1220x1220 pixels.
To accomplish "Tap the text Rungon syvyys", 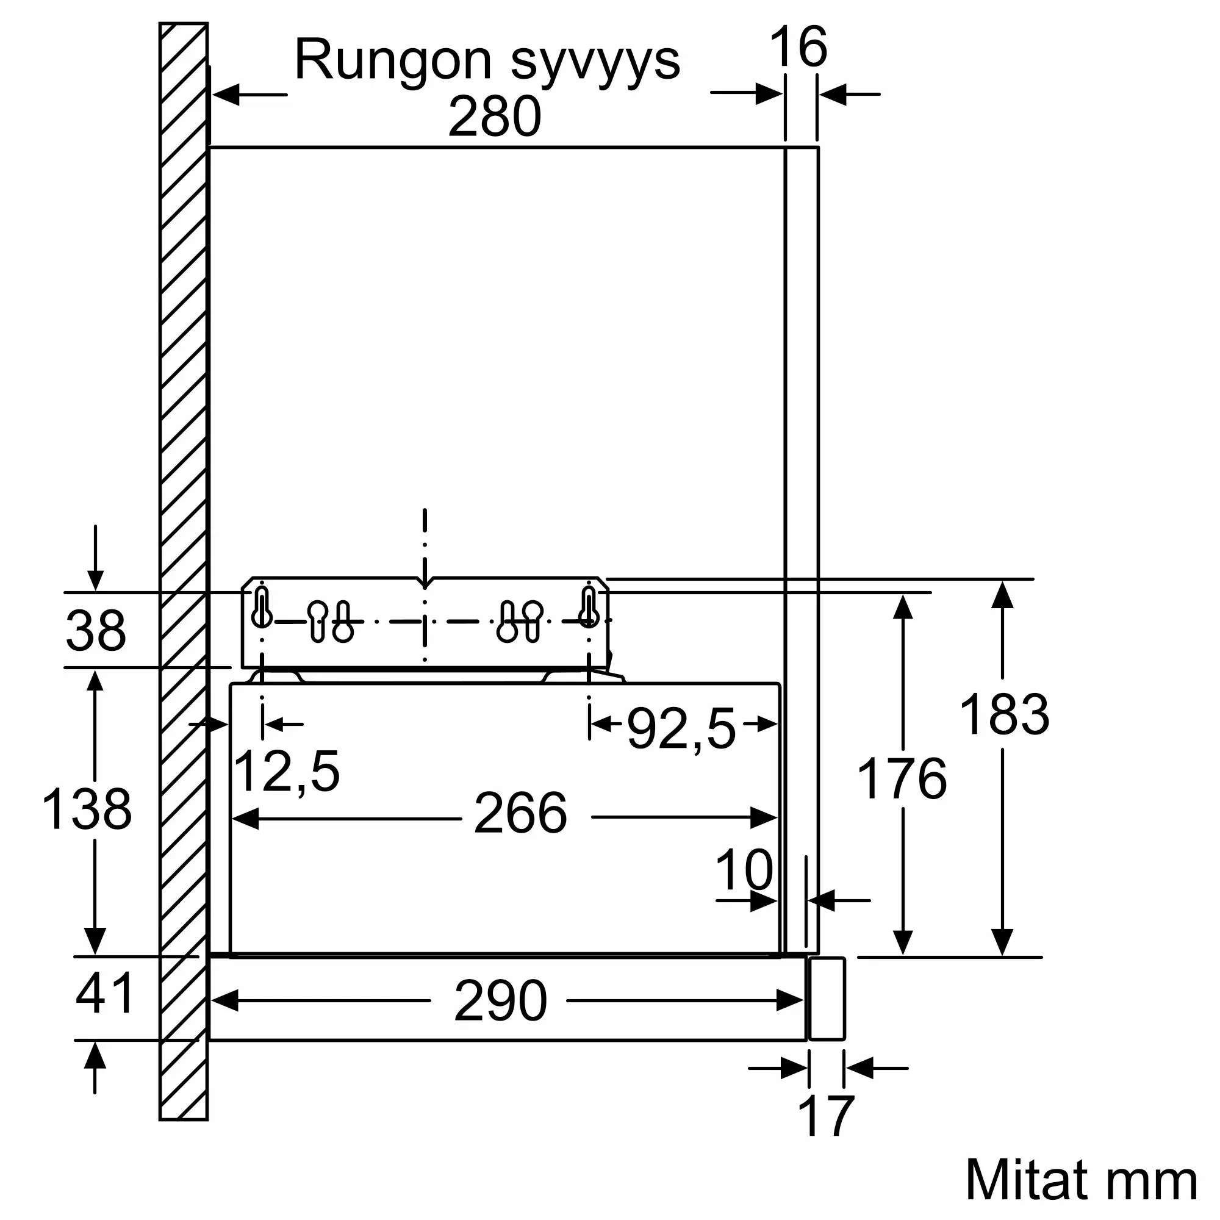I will tap(487, 61).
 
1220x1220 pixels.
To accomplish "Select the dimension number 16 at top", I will tap(798, 48).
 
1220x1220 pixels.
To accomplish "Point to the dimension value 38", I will tap(96, 631).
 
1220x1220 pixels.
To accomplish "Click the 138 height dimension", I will tap(87, 809).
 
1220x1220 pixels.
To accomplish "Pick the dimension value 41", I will tap(105, 993).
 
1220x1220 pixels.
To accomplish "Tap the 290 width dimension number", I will tap(500, 1001).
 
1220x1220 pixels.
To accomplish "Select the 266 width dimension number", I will tap(520, 813).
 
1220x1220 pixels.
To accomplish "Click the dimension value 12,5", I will tap(286, 771).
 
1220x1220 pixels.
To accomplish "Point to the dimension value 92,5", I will tap(681, 729).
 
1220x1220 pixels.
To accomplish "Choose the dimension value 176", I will tap(902, 778).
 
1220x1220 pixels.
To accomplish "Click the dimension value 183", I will tap(1004, 714).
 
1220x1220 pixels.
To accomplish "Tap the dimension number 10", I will tap(744, 869).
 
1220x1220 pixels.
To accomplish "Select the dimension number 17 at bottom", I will tap(825, 1117).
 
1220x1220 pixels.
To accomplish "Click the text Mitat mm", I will tap(1080, 1180).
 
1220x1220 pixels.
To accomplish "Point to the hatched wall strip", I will tap(183, 569).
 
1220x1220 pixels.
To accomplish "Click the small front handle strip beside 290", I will tap(827, 999).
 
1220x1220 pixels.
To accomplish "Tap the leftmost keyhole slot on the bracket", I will tap(262, 608).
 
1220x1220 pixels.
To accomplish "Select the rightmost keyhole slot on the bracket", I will tap(589, 608).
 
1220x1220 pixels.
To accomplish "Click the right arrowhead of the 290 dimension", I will tap(790, 1001).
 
